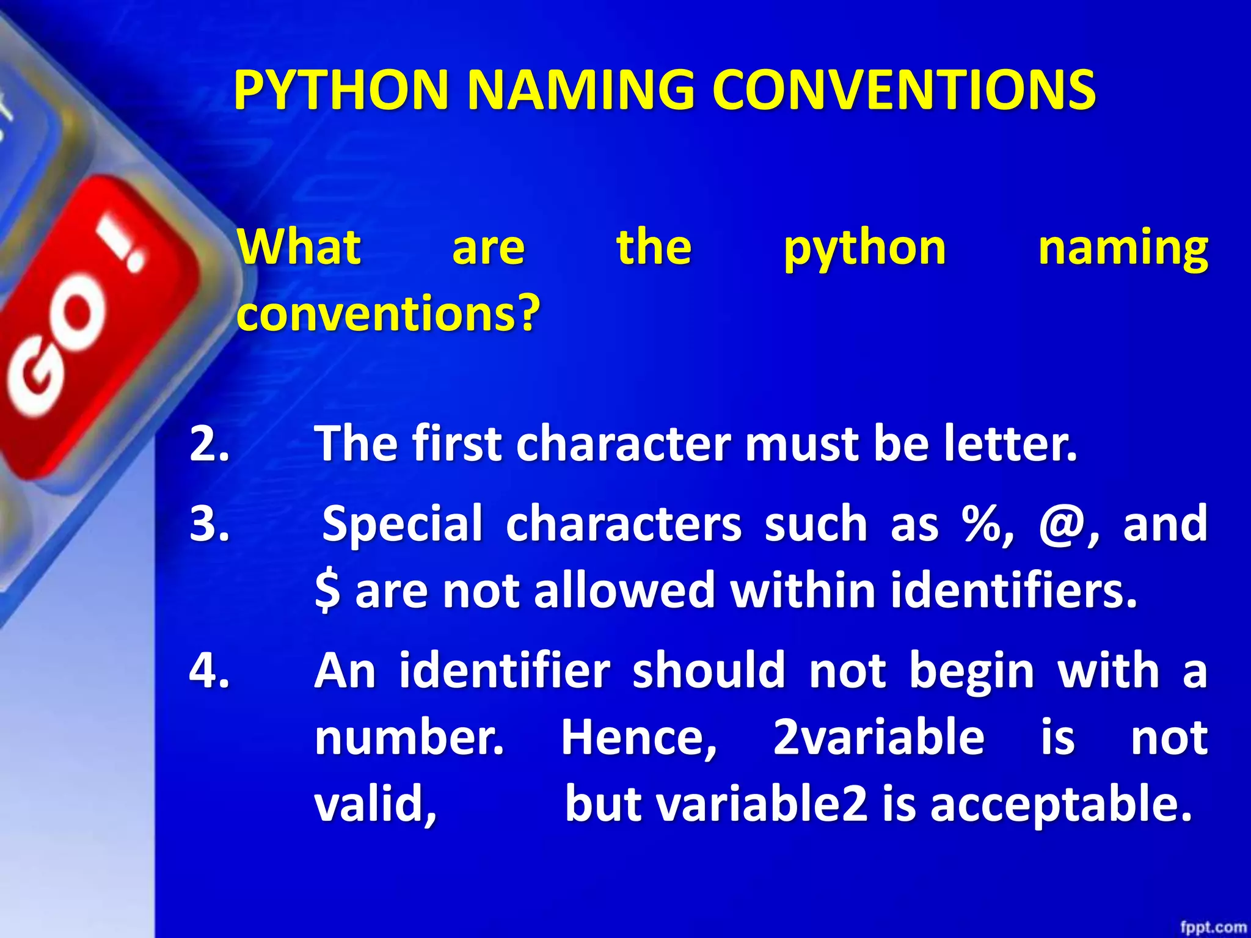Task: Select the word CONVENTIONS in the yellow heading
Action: coord(903,90)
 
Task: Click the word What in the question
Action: coord(299,247)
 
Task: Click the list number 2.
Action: coord(209,444)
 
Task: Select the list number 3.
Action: coord(209,524)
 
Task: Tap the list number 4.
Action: coord(209,671)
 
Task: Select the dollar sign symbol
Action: coord(327,591)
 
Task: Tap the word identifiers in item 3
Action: coord(1013,591)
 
